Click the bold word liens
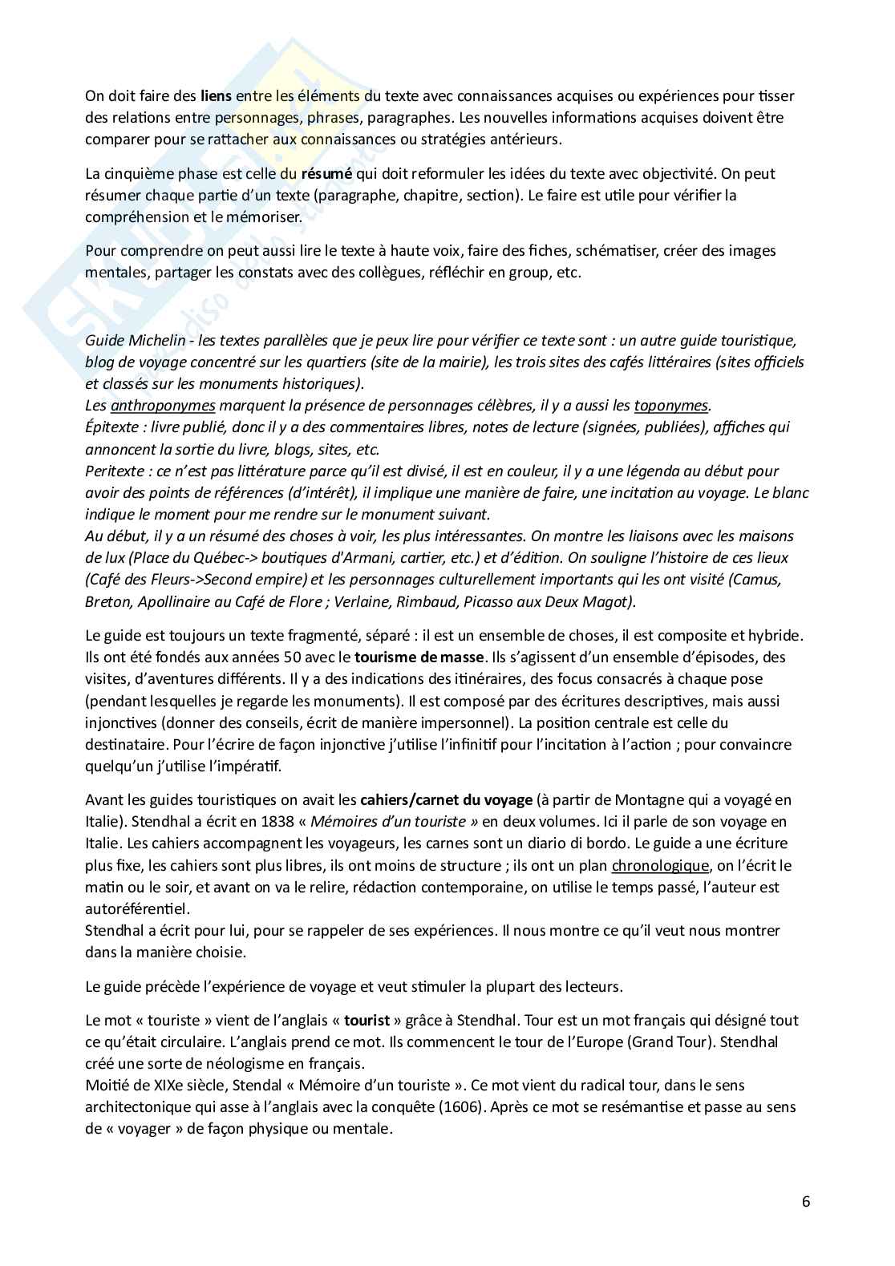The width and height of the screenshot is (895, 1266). click(x=216, y=96)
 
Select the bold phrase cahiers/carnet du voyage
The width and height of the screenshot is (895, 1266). click(x=446, y=799)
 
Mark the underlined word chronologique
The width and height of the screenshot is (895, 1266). click(x=660, y=866)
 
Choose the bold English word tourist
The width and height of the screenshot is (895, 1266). click(x=367, y=1021)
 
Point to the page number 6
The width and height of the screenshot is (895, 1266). click(x=805, y=1202)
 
